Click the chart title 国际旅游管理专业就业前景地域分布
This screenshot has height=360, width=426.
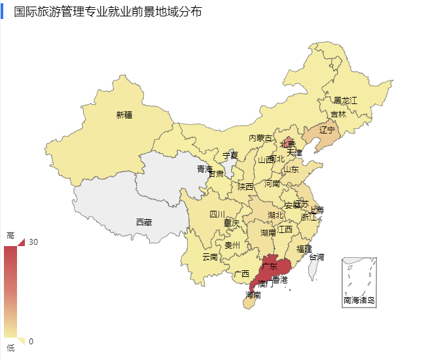107,11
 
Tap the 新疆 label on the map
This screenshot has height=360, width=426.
124,115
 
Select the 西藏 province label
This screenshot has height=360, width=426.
144,223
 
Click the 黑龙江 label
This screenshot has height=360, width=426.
346,100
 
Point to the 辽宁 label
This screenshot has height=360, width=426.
327,130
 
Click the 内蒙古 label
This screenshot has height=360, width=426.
260,138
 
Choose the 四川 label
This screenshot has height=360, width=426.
217,214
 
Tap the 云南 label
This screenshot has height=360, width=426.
210,257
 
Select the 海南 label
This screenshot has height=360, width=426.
253,295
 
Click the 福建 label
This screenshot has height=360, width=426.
304,249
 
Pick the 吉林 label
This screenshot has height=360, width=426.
338,114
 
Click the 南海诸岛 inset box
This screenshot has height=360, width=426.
359,282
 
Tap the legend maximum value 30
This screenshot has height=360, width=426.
33,242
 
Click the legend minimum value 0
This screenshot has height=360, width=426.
31,341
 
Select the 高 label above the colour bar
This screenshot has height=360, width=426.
10,235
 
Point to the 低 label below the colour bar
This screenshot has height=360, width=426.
10,348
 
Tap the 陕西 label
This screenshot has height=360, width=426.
245,187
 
